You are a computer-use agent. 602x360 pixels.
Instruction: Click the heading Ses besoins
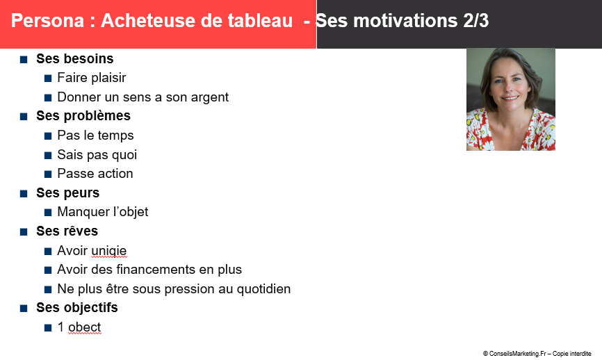(75, 58)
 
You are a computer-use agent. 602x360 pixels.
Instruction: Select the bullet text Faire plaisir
(91, 78)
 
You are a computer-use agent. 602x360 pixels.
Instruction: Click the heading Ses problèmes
(83, 116)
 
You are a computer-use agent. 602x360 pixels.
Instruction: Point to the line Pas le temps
(95, 136)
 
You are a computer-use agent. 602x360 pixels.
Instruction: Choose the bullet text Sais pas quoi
(97, 155)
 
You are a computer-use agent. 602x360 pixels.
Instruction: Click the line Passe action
(95, 174)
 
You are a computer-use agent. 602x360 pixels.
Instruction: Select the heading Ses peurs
(67, 193)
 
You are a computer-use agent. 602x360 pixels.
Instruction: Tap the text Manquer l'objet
(102, 212)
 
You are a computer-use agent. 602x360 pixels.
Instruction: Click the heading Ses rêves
(67, 231)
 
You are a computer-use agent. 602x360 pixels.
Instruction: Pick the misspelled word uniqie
(109, 251)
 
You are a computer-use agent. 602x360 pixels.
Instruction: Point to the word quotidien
(263, 289)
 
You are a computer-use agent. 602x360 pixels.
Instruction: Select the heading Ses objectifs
(76, 308)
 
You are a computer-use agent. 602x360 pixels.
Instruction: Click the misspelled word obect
(85, 327)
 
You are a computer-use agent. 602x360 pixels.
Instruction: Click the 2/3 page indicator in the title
(475, 21)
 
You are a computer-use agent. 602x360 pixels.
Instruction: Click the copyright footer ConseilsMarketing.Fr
(537, 354)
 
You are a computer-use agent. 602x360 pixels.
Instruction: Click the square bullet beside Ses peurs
(24, 194)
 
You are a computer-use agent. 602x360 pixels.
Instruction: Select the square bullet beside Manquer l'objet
(48, 213)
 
